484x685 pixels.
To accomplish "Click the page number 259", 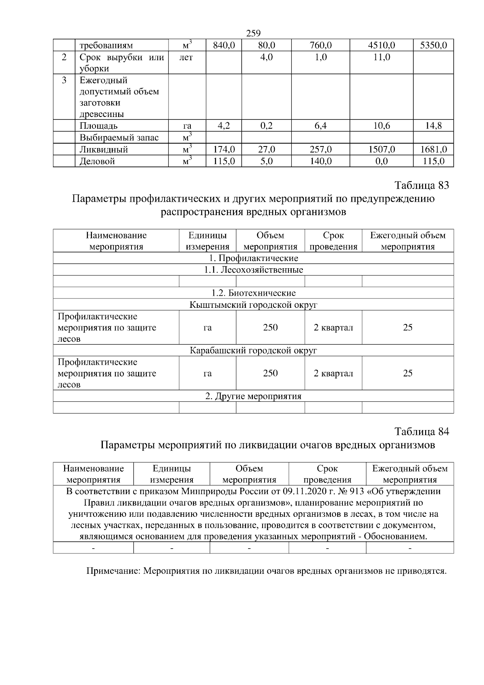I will [253, 33].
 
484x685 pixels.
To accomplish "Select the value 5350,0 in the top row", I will [433, 45].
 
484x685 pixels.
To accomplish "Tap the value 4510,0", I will [381, 45].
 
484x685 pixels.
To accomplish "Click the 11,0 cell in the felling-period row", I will [381, 57].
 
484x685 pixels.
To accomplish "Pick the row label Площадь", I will [98, 126].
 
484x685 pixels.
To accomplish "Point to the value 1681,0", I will [433, 150].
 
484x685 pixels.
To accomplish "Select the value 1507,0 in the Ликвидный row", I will [381, 150].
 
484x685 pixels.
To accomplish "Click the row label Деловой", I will [97, 161].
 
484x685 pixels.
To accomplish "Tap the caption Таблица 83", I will [421, 186].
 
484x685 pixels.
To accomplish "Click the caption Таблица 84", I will [421, 432].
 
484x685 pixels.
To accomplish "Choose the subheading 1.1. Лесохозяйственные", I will [253, 270].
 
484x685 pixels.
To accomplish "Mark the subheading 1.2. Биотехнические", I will [253, 293].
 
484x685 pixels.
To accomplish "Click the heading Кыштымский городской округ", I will [253, 305].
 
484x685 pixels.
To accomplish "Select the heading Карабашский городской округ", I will [253, 351].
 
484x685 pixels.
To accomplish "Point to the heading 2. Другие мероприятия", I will [253, 396].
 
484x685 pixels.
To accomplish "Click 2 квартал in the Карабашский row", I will [333, 374].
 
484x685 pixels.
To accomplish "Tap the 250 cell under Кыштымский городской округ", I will [270, 328].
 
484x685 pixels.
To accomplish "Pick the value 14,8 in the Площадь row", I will [433, 126].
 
